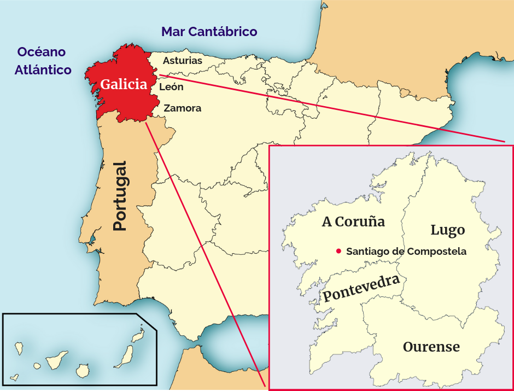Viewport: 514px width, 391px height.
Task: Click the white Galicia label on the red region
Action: pyautogui.click(x=124, y=84)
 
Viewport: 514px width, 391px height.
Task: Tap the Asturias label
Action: pyautogui.click(x=182, y=61)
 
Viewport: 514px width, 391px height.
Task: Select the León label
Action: pyautogui.click(x=171, y=87)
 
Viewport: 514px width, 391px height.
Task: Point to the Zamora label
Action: pyautogui.click(x=183, y=108)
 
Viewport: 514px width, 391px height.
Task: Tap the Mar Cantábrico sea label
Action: pyautogui.click(x=209, y=32)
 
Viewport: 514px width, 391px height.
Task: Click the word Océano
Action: pyautogui.click(x=42, y=52)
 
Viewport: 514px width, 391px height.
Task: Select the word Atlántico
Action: pyautogui.click(x=43, y=70)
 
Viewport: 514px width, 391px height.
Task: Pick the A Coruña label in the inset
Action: pyautogui.click(x=353, y=221)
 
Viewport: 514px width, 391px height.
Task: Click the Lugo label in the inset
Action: pyautogui.click(x=447, y=230)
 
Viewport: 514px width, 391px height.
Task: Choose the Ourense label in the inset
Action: pyautogui.click(x=431, y=347)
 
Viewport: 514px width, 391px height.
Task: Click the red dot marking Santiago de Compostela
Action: pyautogui.click(x=338, y=252)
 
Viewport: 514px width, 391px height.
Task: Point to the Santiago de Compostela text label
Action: pyautogui.click(x=406, y=252)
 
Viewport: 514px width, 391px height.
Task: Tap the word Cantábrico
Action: pyautogui.click(x=223, y=32)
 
